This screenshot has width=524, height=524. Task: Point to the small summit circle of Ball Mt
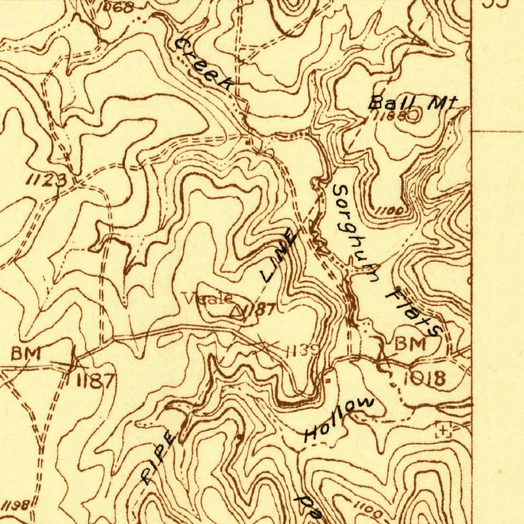413,116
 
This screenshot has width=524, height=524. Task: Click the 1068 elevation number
116,7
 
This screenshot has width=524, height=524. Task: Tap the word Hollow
339,419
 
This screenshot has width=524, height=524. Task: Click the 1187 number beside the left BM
96,380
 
